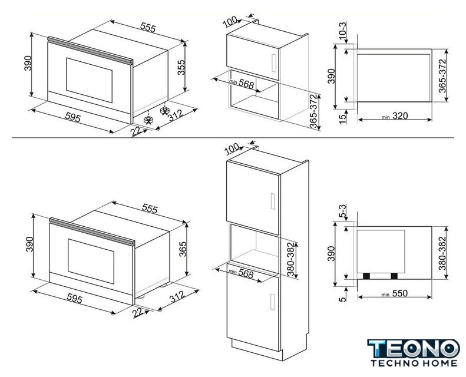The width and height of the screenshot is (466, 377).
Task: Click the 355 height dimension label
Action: [181, 67]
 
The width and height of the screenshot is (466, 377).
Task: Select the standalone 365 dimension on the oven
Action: [183, 249]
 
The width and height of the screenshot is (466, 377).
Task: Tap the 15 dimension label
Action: [343, 117]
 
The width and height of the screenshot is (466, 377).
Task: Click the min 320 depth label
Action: [395, 116]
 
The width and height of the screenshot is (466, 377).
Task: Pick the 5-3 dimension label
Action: [343, 211]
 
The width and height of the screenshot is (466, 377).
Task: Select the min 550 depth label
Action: [395, 293]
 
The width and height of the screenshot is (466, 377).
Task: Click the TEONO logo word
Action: [414, 349]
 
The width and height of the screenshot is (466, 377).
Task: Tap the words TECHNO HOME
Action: [414, 363]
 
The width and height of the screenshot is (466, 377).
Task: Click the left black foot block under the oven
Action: [366, 276]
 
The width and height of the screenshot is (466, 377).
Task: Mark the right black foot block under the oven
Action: [394, 276]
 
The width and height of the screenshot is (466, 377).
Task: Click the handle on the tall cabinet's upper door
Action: [273, 201]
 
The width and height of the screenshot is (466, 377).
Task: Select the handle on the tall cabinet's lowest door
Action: [273, 302]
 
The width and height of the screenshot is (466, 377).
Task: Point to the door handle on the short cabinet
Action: [274, 62]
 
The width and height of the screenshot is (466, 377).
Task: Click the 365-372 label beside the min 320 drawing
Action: [442, 76]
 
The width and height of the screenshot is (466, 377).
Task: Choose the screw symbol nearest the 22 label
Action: [148, 120]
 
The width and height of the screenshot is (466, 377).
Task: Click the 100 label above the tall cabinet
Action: [232, 148]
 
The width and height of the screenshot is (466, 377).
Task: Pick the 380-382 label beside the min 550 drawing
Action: [442, 253]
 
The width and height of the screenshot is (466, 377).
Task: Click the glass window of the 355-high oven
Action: [89, 80]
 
